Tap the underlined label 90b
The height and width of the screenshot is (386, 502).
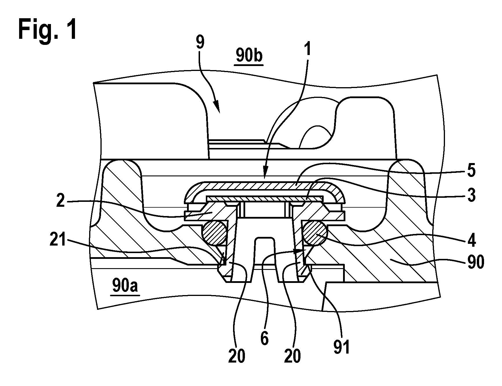click(249, 55)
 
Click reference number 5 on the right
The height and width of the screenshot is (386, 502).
click(471, 171)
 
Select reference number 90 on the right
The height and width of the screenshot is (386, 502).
click(474, 263)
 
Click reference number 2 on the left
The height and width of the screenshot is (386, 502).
click(60, 201)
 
